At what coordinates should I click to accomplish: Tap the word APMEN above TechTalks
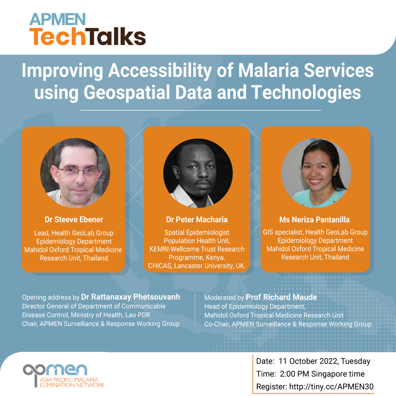point(58,19)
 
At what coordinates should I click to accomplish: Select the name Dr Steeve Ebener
point(74,220)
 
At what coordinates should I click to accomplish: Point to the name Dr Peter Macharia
point(197,220)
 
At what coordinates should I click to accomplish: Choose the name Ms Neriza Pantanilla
point(314,220)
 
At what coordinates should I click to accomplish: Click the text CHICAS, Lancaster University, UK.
point(197,265)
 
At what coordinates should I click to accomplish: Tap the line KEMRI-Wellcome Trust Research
point(197,249)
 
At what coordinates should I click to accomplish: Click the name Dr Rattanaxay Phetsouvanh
point(131,297)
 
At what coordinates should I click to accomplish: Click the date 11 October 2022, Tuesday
point(324,361)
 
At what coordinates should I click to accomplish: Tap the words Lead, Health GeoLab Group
point(74,233)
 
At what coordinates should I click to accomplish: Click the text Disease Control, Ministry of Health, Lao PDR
point(86,315)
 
